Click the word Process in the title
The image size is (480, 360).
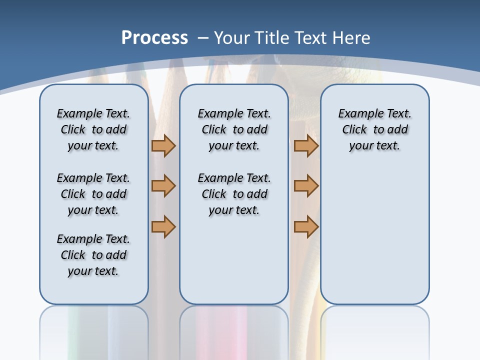[154, 37]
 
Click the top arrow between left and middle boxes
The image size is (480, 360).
[163, 146]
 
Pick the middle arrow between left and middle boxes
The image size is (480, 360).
[163, 186]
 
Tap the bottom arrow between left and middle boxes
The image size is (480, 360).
[163, 226]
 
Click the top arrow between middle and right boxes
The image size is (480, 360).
[306, 146]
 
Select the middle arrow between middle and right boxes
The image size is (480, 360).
[306, 186]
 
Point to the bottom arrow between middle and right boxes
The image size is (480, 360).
[306, 226]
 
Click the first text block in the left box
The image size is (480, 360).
[93, 129]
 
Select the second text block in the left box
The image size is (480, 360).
[93, 194]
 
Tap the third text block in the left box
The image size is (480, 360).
[93, 255]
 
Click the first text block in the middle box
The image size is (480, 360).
[234, 129]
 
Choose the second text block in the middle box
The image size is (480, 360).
[234, 194]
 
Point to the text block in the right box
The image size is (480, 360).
[374, 129]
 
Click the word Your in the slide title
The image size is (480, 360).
[232, 37]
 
